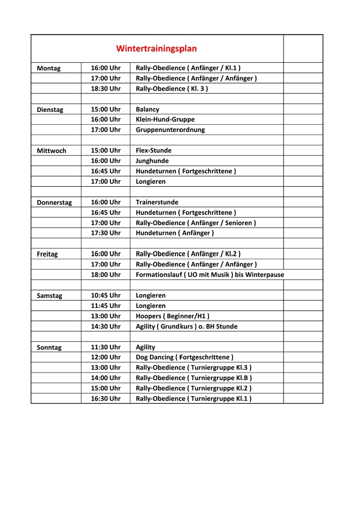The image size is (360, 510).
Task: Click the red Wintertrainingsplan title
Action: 157,49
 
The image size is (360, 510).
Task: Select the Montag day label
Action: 49,68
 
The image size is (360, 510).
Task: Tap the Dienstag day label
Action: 50,110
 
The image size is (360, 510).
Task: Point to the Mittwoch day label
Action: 51,151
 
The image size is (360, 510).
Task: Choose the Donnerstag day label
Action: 54,203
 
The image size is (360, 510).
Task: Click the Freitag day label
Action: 47,254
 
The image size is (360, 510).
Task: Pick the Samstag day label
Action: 50,296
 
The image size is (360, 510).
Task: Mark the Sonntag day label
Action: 49,348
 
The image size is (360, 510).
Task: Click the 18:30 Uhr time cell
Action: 106,89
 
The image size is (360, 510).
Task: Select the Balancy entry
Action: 148,110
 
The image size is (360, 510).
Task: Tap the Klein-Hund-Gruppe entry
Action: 165,120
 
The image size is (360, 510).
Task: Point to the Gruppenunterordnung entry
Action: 170,130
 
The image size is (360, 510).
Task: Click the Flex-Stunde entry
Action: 154,151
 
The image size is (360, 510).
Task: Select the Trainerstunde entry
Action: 157,202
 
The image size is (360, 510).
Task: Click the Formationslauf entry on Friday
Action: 210,275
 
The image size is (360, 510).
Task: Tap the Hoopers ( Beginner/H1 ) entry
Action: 173,316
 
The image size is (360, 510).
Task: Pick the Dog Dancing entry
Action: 184,357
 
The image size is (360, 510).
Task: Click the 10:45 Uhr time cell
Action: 106,296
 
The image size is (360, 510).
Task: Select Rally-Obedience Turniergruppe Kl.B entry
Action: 194,378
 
